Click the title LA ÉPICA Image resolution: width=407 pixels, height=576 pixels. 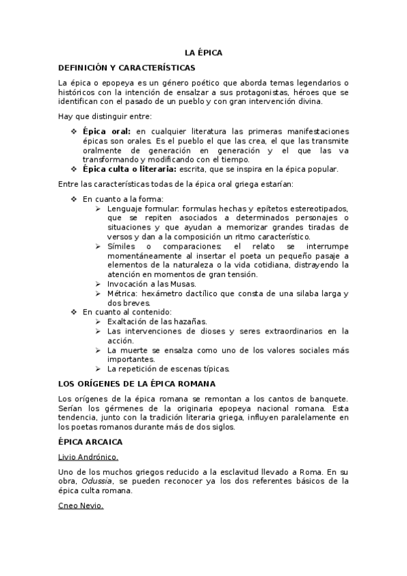coord(204,52)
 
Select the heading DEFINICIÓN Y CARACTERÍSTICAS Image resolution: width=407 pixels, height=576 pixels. coord(127,67)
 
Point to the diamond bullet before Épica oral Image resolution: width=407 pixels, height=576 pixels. coord(74,130)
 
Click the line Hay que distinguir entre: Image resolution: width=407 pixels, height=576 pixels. coord(105,116)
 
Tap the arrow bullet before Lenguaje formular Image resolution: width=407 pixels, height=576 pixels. coord(99,208)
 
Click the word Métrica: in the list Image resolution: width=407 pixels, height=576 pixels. coord(122,293)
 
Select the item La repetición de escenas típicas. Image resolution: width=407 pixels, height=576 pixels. coord(169,369)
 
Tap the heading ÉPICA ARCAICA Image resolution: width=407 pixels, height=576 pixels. coord(90,442)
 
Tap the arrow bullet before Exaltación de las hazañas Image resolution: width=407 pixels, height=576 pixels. coord(99,321)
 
